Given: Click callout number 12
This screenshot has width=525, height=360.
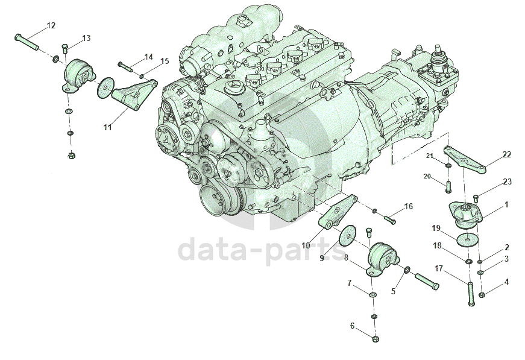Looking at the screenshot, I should [51, 25].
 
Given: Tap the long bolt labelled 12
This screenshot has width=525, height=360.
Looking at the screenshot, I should [27, 42].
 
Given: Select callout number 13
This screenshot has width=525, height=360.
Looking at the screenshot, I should [86, 38].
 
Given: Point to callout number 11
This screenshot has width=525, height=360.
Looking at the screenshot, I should [107, 127].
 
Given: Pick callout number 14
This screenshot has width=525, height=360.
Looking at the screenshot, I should [148, 57].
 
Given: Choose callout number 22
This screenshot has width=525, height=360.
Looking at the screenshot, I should [506, 154].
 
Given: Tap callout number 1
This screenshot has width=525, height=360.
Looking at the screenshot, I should [506, 204].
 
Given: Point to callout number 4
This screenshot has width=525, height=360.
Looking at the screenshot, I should [506, 281].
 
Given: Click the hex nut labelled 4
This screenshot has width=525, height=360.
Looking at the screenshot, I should [482, 295].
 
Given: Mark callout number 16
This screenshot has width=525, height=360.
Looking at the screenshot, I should [408, 206].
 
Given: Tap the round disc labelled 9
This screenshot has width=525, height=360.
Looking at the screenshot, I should [347, 236].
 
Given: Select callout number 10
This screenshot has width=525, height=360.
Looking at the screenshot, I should [306, 245].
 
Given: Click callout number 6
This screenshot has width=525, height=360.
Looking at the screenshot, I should [352, 326].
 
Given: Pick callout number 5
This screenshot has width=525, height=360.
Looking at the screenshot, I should [393, 290].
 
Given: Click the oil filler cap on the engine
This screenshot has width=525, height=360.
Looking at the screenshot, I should [233, 88].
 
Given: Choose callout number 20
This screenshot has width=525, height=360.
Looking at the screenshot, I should [427, 176].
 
